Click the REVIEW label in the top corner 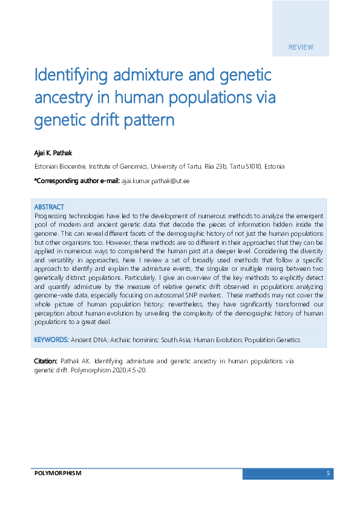coord(301,47)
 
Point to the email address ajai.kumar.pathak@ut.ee coord(155,181)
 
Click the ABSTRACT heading coord(49,207)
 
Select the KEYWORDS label coord(51,340)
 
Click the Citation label coord(45,361)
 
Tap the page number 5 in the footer coord(328,473)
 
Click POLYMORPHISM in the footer coord(57,473)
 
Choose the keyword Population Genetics coord(271,340)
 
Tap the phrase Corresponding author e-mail coord(78,181)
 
